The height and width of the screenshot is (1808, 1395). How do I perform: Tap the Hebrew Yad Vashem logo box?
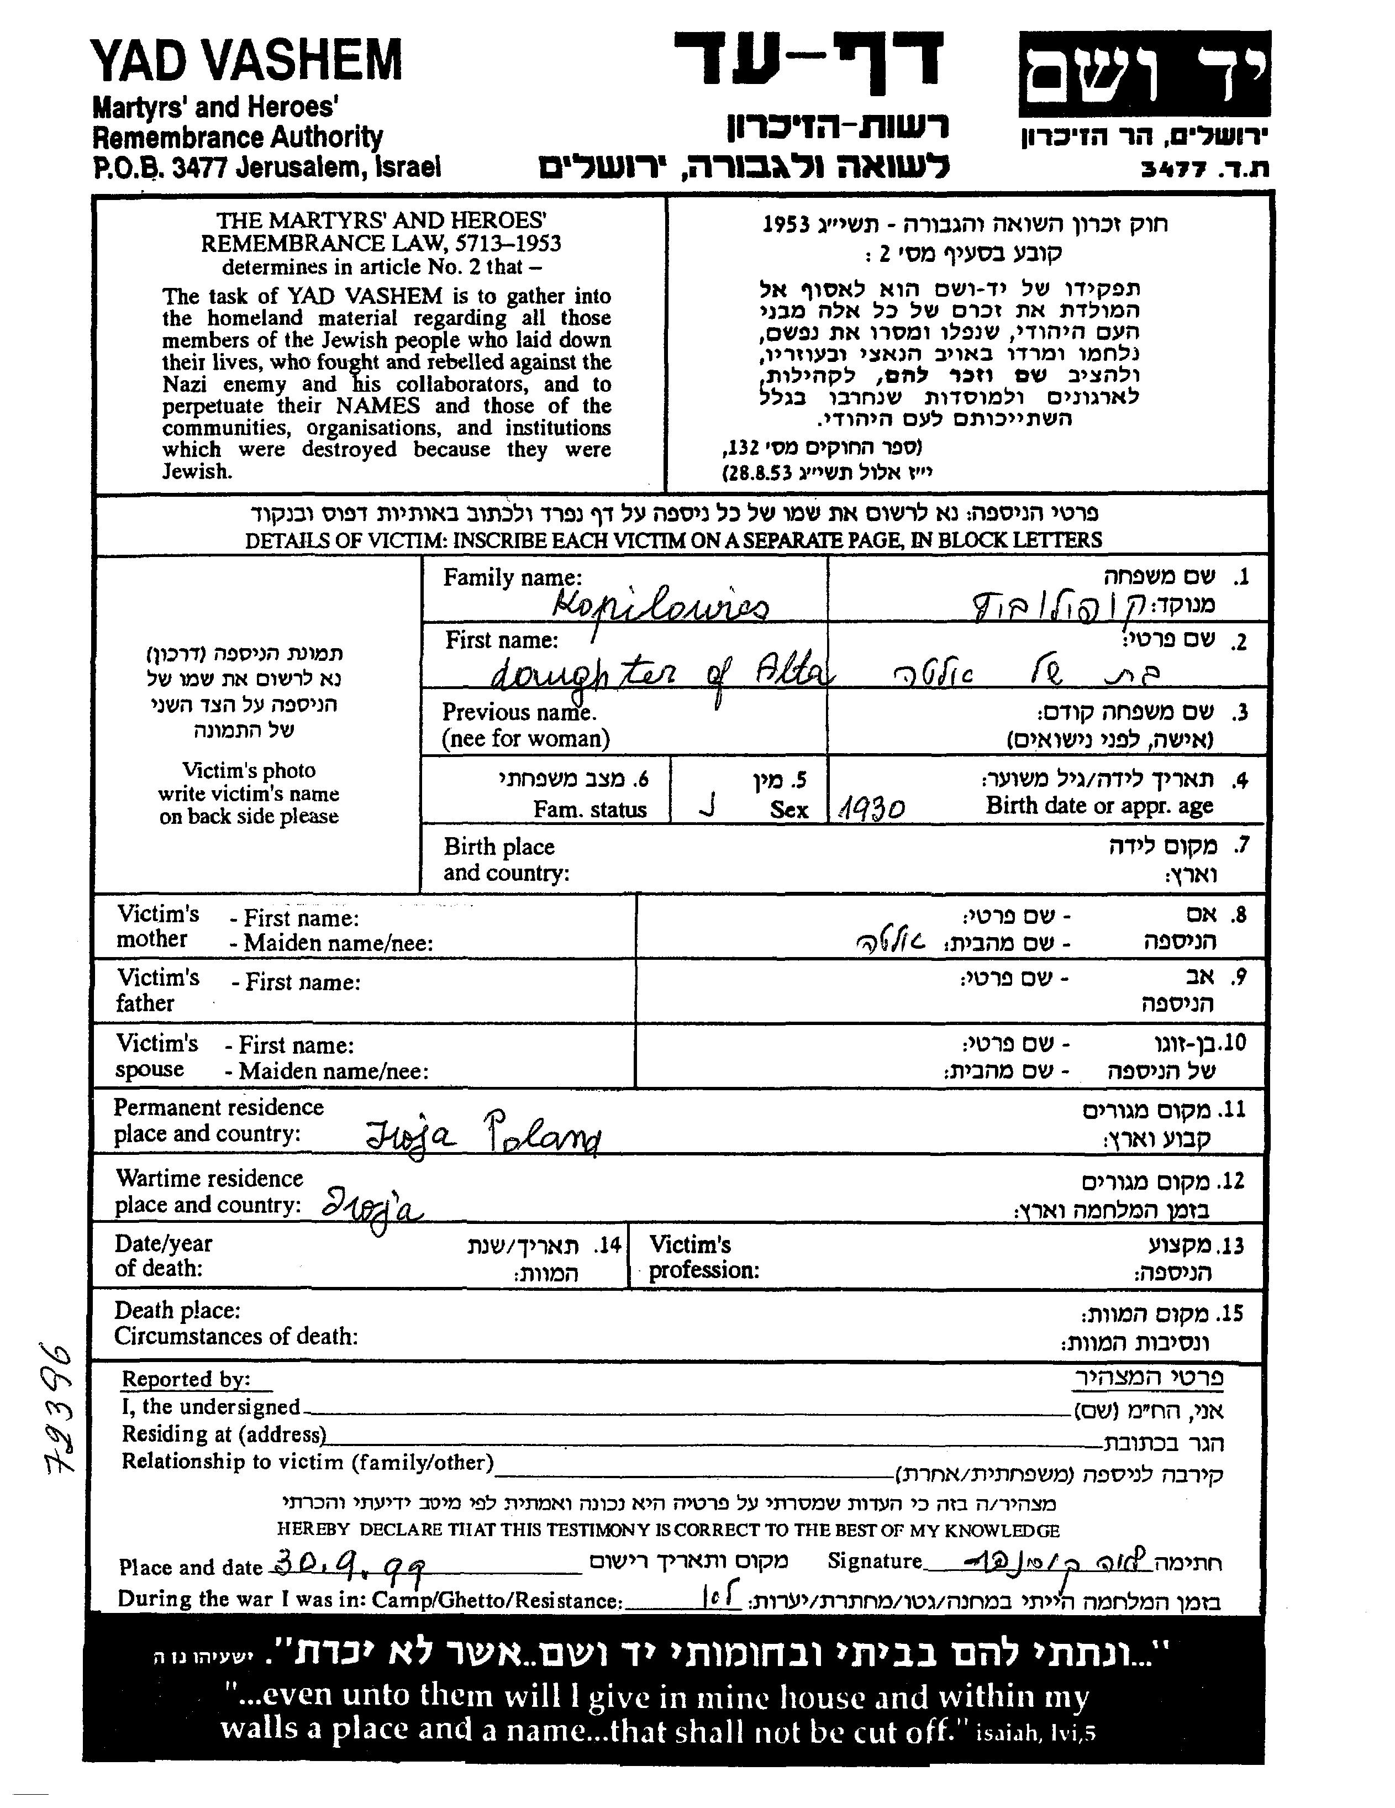[x=1144, y=75]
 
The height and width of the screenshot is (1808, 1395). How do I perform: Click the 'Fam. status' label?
[x=589, y=809]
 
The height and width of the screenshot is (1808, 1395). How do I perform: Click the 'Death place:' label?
[x=177, y=1311]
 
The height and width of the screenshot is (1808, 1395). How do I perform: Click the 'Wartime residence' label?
[x=209, y=1178]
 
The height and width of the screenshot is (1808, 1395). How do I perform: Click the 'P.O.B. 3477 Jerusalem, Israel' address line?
[x=267, y=168]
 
